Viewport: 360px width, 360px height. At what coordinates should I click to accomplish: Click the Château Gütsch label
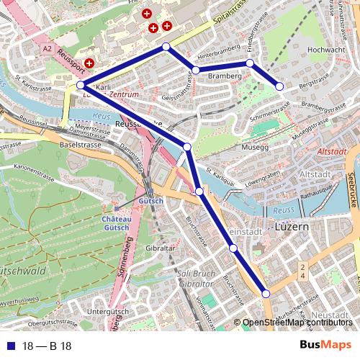click(x=116, y=223)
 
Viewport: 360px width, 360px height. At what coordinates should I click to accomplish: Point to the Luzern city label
click(x=292, y=226)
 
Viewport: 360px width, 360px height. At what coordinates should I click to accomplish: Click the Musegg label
click(x=254, y=147)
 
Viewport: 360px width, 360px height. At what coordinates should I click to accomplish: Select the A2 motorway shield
click(x=48, y=48)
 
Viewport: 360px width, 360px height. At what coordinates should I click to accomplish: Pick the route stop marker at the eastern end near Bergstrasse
click(x=280, y=86)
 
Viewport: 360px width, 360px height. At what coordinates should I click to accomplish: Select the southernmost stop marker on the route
click(x=266, y=293)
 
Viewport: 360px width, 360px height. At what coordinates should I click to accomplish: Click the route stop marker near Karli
click(x=81, y=86)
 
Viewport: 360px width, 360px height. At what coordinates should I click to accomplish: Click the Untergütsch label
click(x=102, y=311)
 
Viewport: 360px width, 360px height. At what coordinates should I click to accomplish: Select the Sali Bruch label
click(x=195, y=274)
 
